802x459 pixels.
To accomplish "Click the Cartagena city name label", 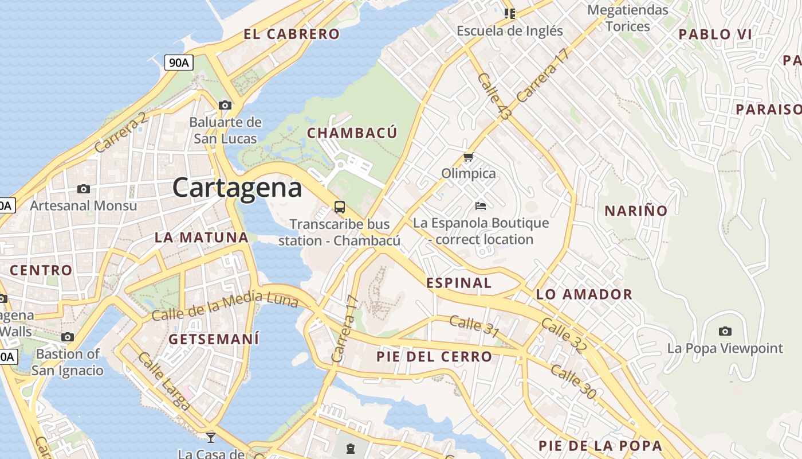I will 237,188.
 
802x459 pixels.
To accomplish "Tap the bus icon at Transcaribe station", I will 340,207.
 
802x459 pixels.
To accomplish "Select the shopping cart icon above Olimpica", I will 469,157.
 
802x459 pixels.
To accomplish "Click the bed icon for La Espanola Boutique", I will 481,205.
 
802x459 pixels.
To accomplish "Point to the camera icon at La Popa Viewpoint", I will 725,331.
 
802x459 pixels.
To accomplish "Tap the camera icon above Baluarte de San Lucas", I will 225,105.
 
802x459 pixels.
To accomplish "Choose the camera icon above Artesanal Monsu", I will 84,189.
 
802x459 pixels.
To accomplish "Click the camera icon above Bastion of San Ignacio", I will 68,337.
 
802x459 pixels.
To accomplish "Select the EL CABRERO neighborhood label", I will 292,34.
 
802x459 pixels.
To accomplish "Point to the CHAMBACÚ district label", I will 352,133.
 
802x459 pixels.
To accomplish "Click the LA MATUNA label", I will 202,238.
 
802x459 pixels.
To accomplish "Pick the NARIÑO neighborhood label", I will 636,211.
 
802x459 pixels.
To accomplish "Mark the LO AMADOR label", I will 584,295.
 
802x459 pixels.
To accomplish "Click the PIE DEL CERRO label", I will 434,356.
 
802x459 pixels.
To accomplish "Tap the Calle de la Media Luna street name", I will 225,306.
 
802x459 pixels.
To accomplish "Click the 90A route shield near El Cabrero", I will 179,63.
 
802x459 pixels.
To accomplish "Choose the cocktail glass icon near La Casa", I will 211,437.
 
